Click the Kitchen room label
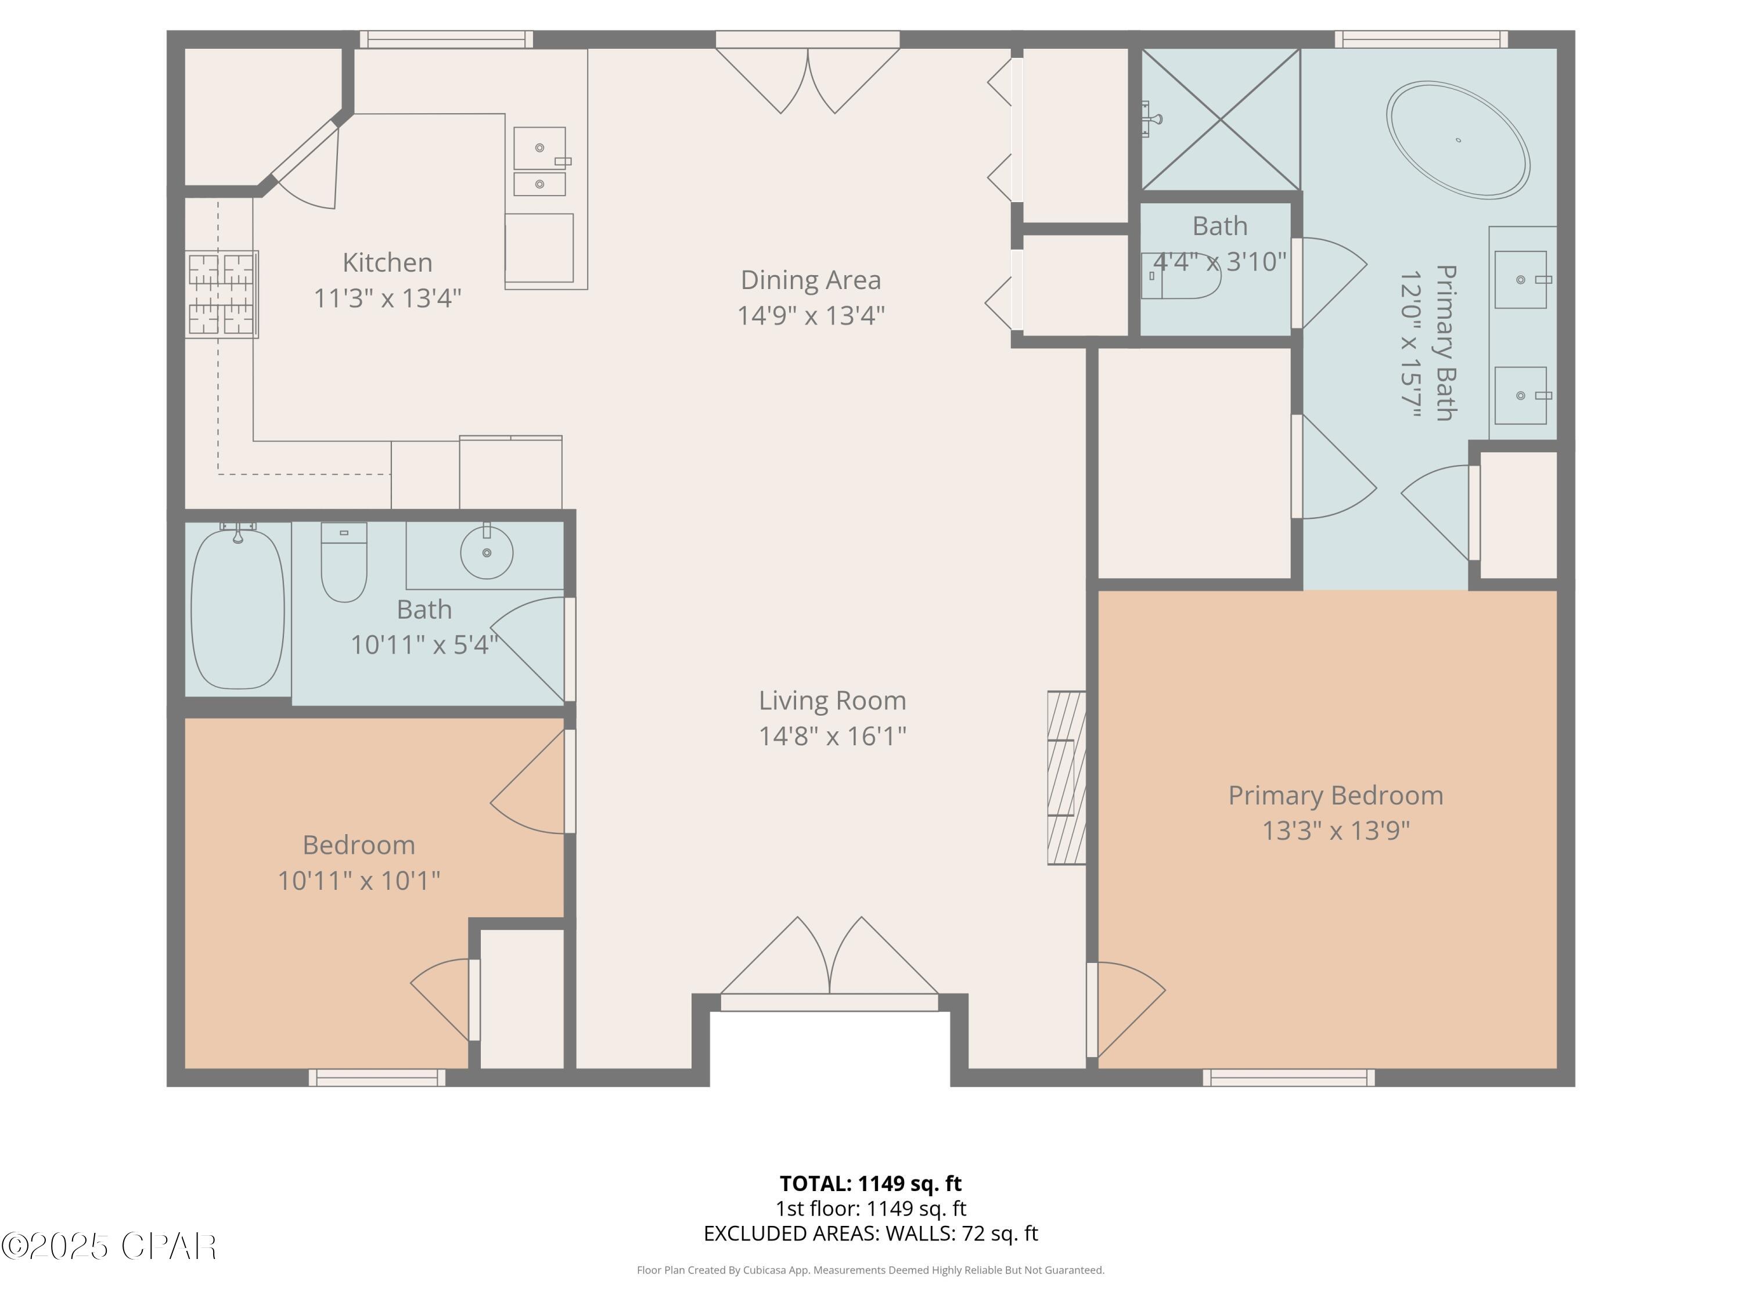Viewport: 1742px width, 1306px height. (387, 262)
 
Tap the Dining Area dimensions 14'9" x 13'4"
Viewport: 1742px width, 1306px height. (811, 316)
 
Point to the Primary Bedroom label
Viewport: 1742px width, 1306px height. (1335, 795)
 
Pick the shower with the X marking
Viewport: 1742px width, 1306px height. (1220, 120)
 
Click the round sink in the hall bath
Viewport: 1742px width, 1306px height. (486, 553)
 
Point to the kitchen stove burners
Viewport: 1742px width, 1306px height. (221, 294)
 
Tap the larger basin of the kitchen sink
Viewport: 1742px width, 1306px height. (539, 148)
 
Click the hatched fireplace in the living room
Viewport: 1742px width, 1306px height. (1066, 778)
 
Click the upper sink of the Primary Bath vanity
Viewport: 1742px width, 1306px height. (1520, 279)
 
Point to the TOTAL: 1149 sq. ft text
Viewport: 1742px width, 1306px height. (870, 1183)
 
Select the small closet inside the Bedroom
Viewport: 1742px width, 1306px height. (521, 998)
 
